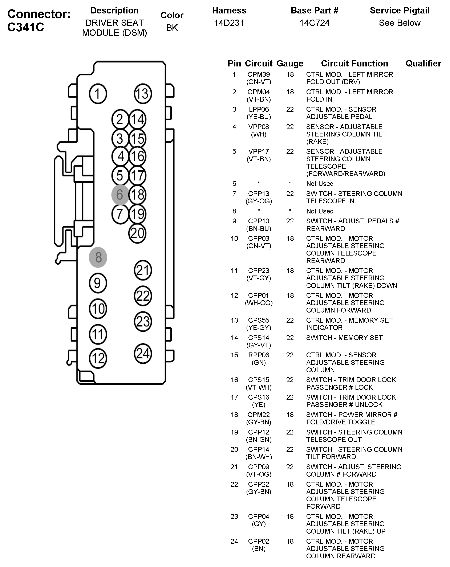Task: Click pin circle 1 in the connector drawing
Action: tap(98, 94)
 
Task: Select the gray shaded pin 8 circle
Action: tap(98, 257)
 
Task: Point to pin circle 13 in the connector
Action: tap(143, 94)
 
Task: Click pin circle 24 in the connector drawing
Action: tap(143, 354)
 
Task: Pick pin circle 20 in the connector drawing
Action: tap(137, 233)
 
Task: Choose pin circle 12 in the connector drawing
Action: tap(98, 358)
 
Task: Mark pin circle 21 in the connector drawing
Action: tap(143, 270)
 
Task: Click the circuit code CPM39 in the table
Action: tap(259, 74)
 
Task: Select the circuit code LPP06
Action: tap(259, 109)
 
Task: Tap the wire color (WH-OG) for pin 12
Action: tap(259, 303)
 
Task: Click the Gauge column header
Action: tap(290, 63)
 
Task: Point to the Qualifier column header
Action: tap(423, 63)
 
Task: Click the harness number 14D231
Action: tap(229, 23)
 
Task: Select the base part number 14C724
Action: tap(314, 23)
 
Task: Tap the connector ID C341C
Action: tap(26, 27)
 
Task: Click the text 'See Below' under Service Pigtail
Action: tap(400, 23)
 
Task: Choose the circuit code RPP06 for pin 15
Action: tap(259, 355)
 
